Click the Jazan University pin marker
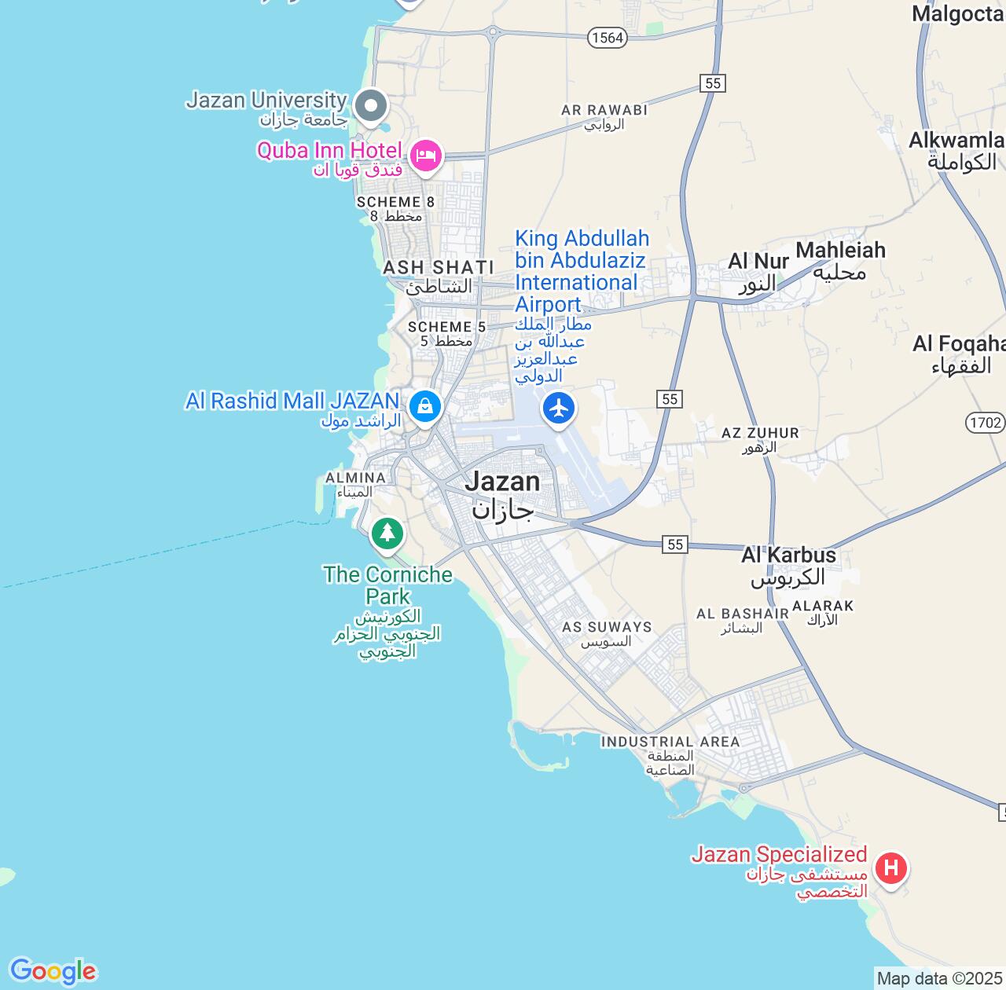pyautogui.click(x=371, y=106)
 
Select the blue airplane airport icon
pyautogui.click(x=559, y=409)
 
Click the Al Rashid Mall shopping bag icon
pyautogui.click(x=425, y=406)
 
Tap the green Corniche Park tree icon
pyautogui.click(x=387, y=533)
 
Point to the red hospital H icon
pyautogui.click(x=890, y=868)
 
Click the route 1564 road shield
pyautogui.click(x=607, y=37)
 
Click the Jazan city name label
pyautogui.click(x=502, y=482)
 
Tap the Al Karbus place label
pyautogui.click(x=788, y=555)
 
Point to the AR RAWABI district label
pyautogui.click(x=604, y=110)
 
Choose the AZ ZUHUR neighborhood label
pyautogui.click(x=760, y=433)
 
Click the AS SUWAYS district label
pyautogui.click(x=607, y=627)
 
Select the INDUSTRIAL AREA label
pyautogui.click(x=670, y=742)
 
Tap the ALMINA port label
pyautogui.click(x=355, y=478)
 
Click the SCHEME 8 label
pyautogui.click(x=395, y=202)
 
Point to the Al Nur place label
pyautogui.click(x=758, y=262)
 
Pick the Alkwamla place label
pyautogui.click(x=956, y=141)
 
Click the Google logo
pyautogui.click(x=53, y=971)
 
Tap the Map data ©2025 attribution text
pyautogui.click(x=939, y=979)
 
